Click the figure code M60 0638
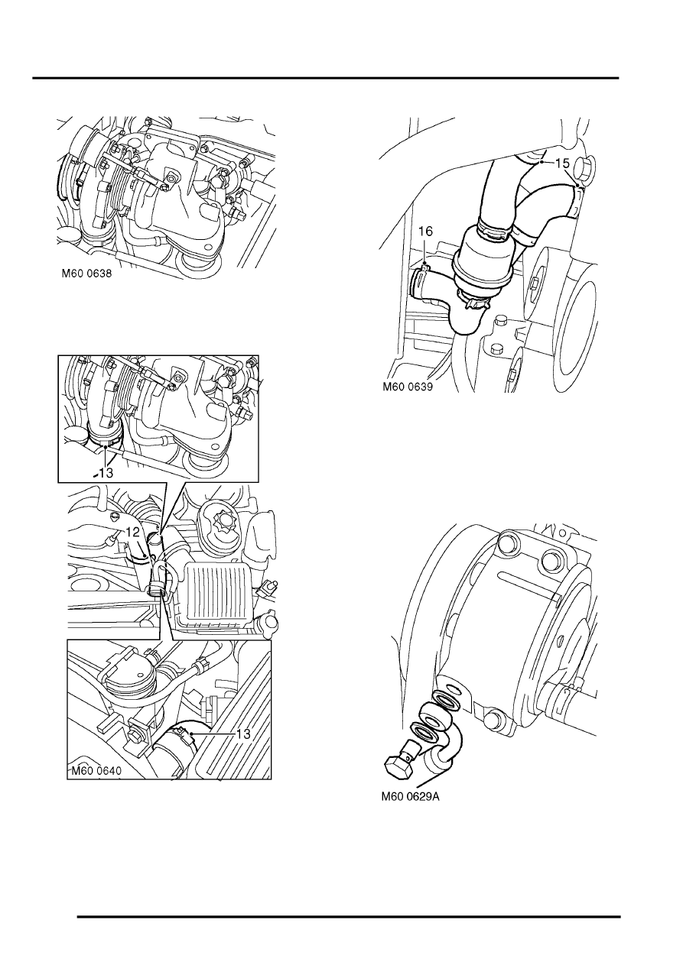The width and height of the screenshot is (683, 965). [91, 279]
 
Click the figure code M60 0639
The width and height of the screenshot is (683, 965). [408, 387]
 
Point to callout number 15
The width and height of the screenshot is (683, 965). [561, 163]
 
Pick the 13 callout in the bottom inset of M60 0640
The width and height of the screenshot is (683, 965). [243, 733]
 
